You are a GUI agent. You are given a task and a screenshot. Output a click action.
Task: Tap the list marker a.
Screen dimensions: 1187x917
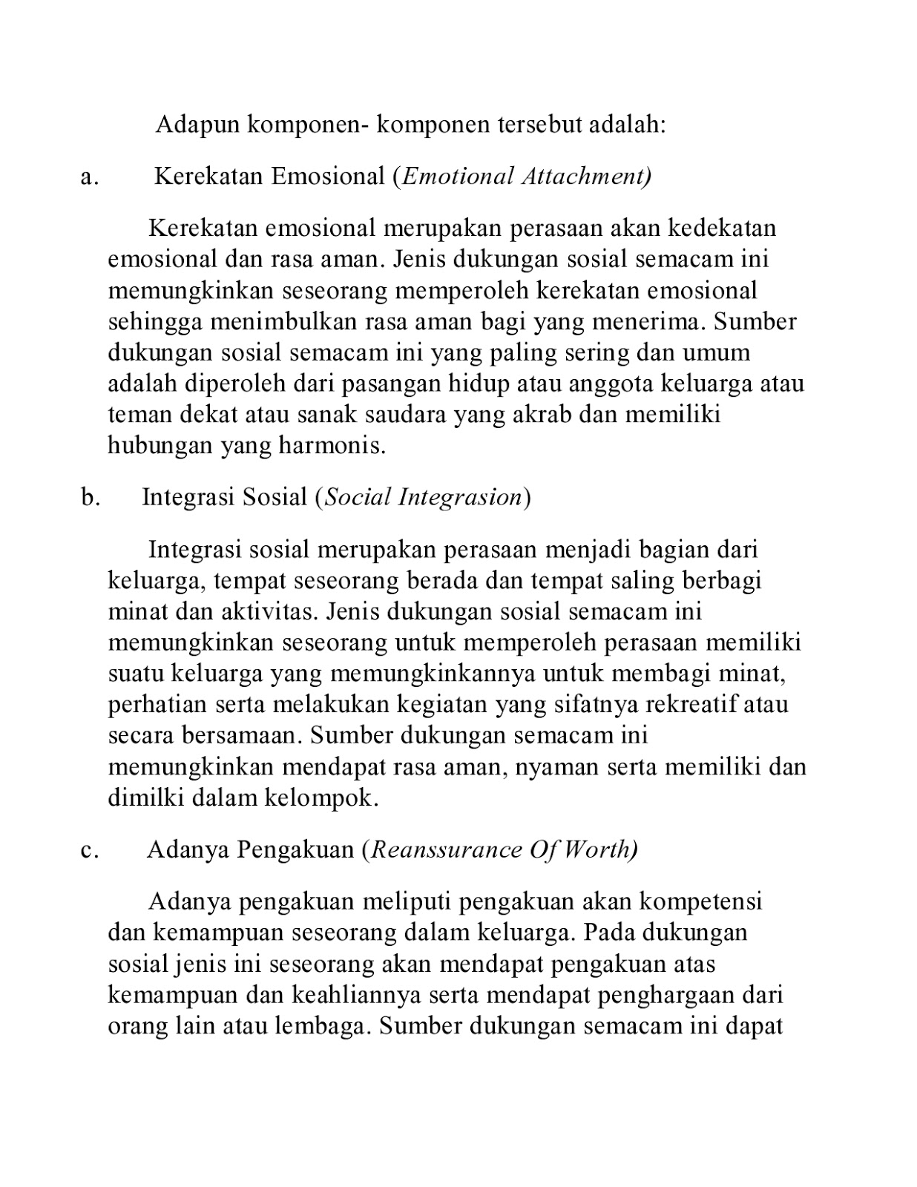90,177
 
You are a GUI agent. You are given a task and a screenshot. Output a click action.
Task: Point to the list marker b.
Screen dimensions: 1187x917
91,497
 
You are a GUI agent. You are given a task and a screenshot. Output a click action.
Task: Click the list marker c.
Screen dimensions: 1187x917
90,849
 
